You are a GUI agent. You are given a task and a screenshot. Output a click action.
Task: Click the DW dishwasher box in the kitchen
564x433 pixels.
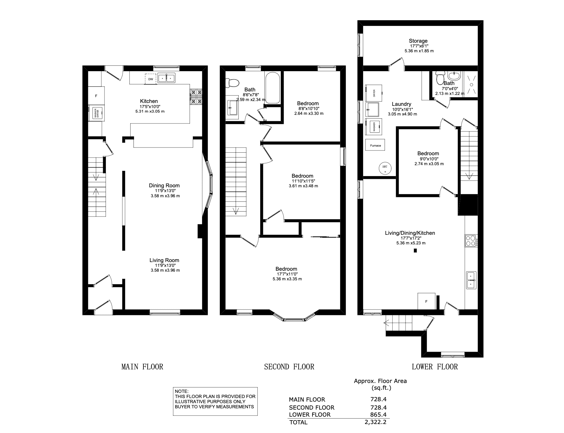150,79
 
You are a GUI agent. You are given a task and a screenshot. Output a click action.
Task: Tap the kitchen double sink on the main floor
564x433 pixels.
166,78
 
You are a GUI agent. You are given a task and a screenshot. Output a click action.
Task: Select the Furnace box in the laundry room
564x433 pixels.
375,145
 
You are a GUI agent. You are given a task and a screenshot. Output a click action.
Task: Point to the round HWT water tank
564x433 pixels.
385,168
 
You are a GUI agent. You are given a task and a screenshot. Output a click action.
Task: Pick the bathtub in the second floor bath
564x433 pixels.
272,88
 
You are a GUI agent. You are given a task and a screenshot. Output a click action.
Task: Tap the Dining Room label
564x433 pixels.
164,185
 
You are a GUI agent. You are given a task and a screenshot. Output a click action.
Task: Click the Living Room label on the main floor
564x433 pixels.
164,260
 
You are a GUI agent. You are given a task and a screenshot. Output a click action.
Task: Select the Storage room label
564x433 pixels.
418,41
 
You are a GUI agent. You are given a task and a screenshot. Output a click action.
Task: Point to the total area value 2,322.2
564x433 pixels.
375,422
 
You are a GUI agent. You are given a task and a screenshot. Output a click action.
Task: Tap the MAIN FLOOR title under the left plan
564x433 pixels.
142,367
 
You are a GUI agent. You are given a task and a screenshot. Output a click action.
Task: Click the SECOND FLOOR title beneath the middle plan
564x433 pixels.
289,367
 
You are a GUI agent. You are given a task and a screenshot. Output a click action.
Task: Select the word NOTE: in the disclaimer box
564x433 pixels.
182,391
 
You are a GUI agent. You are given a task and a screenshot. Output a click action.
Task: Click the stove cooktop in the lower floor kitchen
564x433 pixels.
471,241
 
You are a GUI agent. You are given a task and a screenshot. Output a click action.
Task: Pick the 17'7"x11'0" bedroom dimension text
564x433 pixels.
287,274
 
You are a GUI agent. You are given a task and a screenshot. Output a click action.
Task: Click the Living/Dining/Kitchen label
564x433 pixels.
410,233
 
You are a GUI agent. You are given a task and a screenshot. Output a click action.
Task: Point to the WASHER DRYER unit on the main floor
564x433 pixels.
96,113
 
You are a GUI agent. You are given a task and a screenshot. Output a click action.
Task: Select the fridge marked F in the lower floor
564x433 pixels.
426,301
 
